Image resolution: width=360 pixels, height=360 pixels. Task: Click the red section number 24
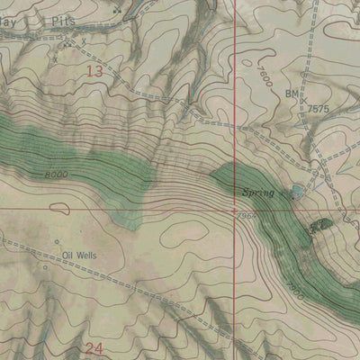click(94, 346)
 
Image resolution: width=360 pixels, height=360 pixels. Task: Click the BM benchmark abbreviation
click(292, 94)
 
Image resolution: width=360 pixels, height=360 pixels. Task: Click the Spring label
click(257, 192)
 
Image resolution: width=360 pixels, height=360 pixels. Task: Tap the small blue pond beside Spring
click(297, 191)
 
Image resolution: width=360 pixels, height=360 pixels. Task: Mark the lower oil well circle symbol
click(46, 267)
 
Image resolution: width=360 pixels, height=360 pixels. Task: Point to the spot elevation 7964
click(247, 216)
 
